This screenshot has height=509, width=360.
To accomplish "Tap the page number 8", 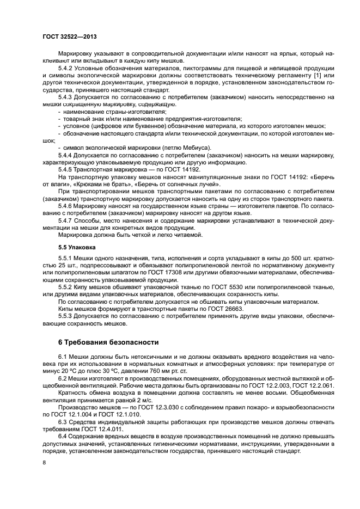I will click(x=45, y=462).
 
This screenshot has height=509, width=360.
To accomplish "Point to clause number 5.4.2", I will click(x=67, y=68).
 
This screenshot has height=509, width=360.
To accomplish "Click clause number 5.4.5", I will click(x=67, y=169).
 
